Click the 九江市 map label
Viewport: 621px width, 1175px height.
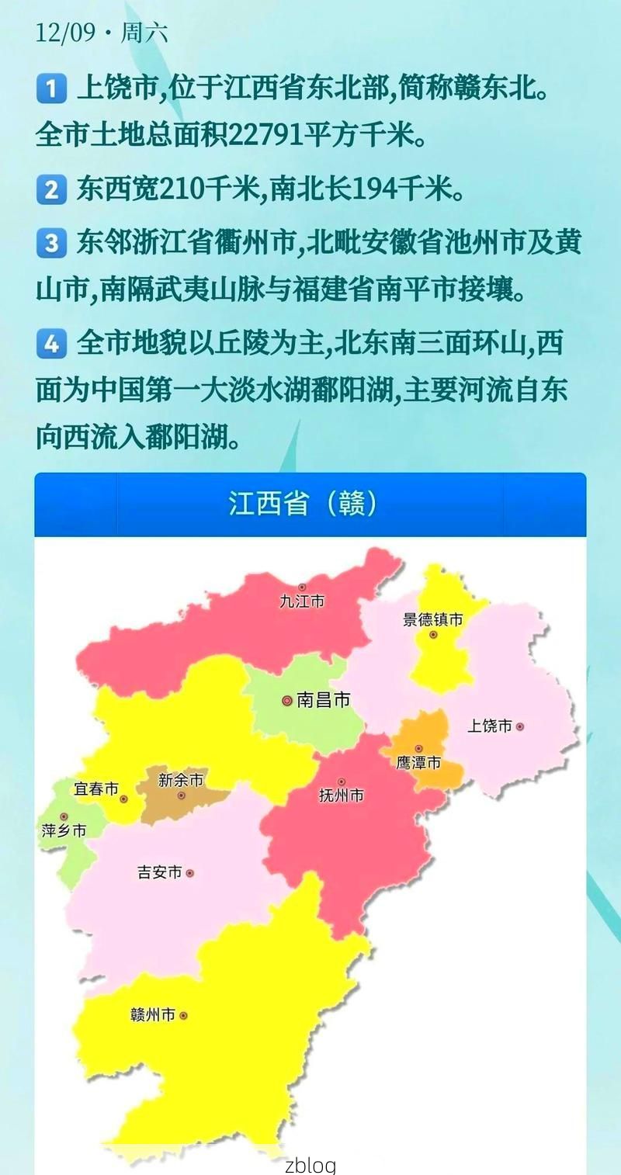[302, 601]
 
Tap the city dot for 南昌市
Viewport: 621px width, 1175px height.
[287, 701]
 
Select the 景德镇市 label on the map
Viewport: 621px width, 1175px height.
[432, 620]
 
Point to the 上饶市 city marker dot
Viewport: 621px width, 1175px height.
[519, 727]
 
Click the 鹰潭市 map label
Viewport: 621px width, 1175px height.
[418, 763]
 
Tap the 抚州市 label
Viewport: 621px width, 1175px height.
[341, 795]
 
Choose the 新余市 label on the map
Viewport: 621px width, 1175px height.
[180, 780]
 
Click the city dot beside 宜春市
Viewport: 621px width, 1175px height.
[124, 799]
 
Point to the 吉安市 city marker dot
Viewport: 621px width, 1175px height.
[189, 873]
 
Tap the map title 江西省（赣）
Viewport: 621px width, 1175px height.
[303, 504]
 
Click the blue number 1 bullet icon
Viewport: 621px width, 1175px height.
[51, 89]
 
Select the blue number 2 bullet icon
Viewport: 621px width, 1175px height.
[51, 189]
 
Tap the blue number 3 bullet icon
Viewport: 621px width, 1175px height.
[51, 244]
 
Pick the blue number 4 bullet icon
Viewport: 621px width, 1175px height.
[51, 344]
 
